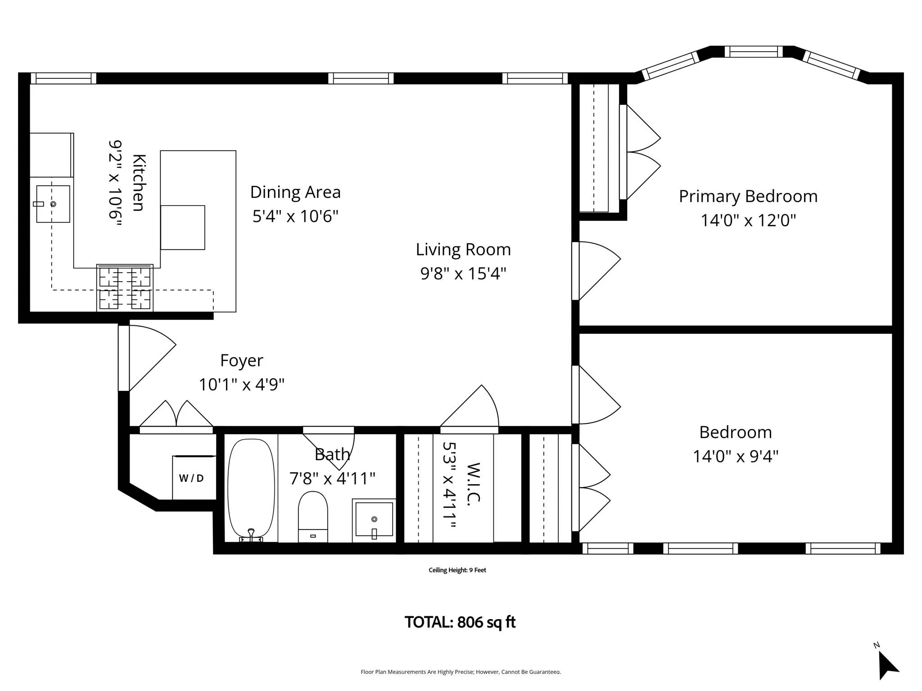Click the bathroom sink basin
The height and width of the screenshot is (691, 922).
pyautogui.click(x=374, y=520)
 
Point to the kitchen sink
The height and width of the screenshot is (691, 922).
pyautogui.click(x=53, y=204)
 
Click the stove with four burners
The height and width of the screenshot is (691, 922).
pyautogui.click(x=125, y=288)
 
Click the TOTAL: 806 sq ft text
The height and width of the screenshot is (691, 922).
pyautogui.click(x=460, y=622)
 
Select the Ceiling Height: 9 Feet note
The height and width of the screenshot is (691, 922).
pyautogui.click(x=457, y=570)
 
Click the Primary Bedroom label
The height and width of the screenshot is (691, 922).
pyautogui.click(x=748, y=196)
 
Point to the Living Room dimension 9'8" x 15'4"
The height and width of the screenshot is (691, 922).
pyautogui.click(x=463, y=273)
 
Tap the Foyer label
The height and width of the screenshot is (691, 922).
pyautogui.click(x=241, y=360)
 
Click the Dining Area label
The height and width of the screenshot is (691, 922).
pyautogui.click(x=295, y=192)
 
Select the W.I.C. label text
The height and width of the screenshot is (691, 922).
pyautogui.click(x=474, y=484)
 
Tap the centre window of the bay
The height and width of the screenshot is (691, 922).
pyautogui.click(x=753, y=52)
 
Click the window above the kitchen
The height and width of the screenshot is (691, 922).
pyautogui.click(x=63, y=78)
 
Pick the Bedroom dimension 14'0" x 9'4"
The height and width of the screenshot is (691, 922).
pyautogui.click(x=735, y=456)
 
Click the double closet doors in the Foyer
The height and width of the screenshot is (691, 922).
pyautogui.click(x=176, y=416)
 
